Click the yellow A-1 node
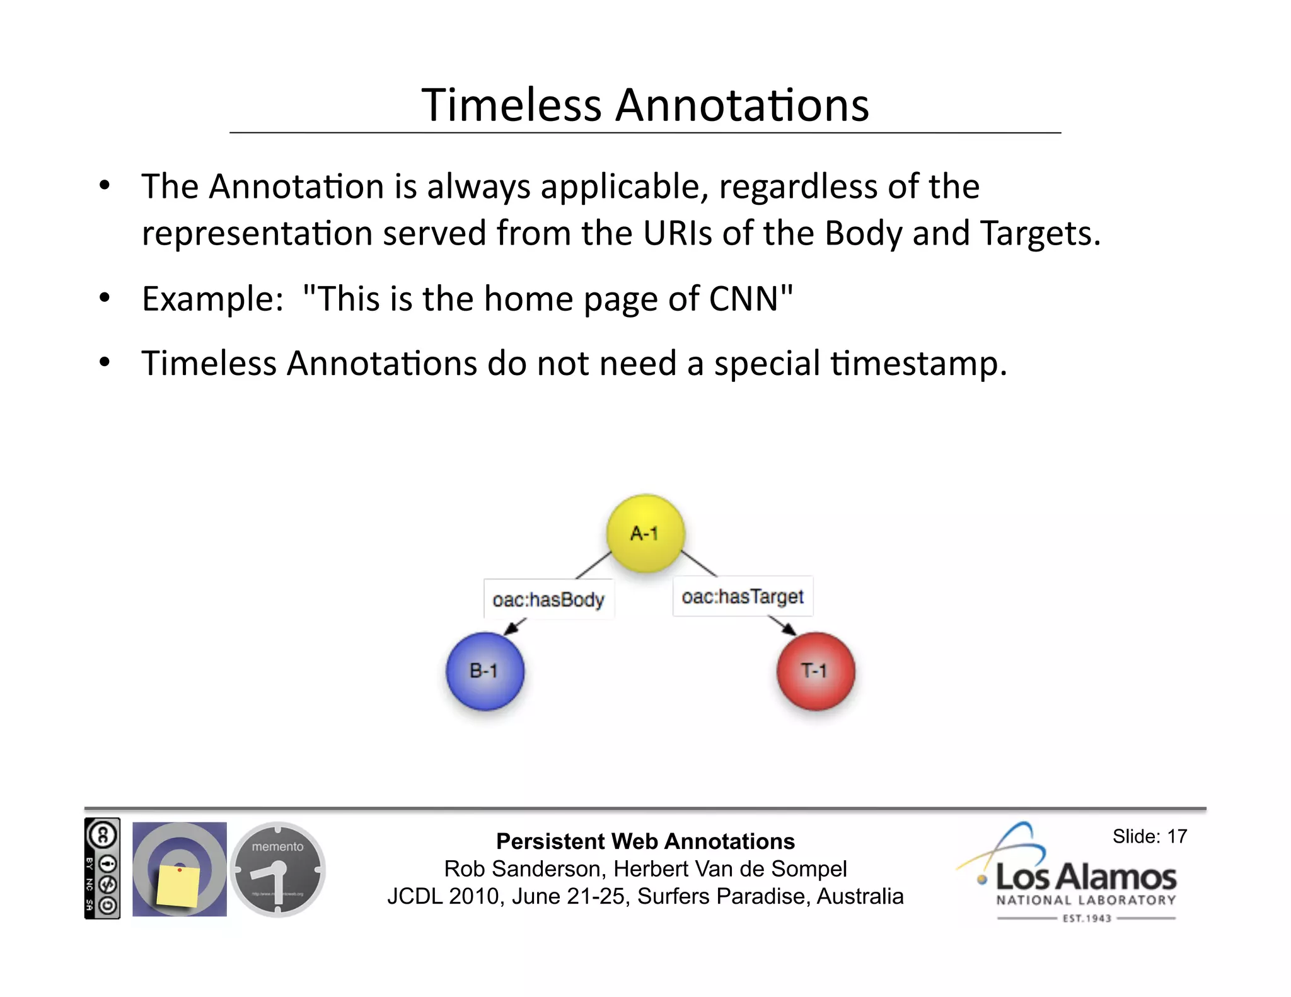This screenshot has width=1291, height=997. (x=645, y=533)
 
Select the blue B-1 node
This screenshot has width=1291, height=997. (x=484, y=671)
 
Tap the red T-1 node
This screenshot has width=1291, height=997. (x=815, y=671)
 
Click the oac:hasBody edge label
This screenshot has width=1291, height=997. (x=548, y=599)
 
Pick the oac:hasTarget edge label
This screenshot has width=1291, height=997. (x=742, y=596)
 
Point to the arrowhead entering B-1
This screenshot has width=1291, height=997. (x=512, y=628)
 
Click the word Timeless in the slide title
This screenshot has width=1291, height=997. (x=511, y=105)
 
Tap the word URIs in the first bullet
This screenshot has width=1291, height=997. (x=678, y=233)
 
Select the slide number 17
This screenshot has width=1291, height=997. (x=1176, y=836)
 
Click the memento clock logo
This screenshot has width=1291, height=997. (x=277, y=869)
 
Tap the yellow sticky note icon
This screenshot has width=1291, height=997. (x=178, y=885)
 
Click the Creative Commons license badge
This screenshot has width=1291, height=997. (x=102, y=868)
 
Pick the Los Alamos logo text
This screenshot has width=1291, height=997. (x=1085, y=877)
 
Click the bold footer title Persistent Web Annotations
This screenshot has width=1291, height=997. (x=645, y=841)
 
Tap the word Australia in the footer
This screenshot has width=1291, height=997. (x=860, y=896)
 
